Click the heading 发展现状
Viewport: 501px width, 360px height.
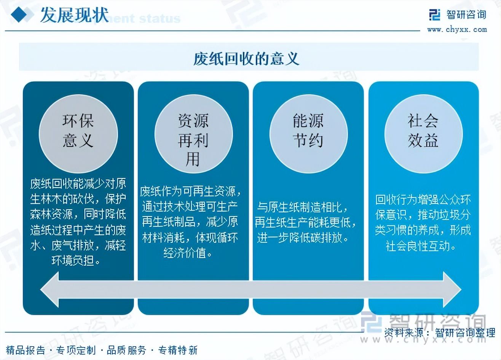[75, 15]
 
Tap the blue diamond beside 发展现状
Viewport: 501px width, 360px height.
[19, 14]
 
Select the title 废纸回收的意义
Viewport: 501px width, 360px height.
[246, 59]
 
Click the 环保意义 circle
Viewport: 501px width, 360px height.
[78, 134]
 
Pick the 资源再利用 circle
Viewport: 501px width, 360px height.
[194, 134]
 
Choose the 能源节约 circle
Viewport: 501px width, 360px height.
[308, 134]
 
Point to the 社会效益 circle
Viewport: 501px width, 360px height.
[423, 134]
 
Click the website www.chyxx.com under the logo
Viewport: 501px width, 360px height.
[457, 30]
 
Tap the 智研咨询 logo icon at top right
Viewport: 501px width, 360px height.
[435, 15]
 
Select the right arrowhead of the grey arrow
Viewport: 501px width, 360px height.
[452, 289]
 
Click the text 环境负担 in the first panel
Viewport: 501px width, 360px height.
[73, 261]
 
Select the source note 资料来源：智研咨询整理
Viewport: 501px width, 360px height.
[440, 333]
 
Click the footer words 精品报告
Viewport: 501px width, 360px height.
[26, 350]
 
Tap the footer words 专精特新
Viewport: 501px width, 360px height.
[178, 350]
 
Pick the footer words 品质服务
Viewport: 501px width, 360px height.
[127, 350]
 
